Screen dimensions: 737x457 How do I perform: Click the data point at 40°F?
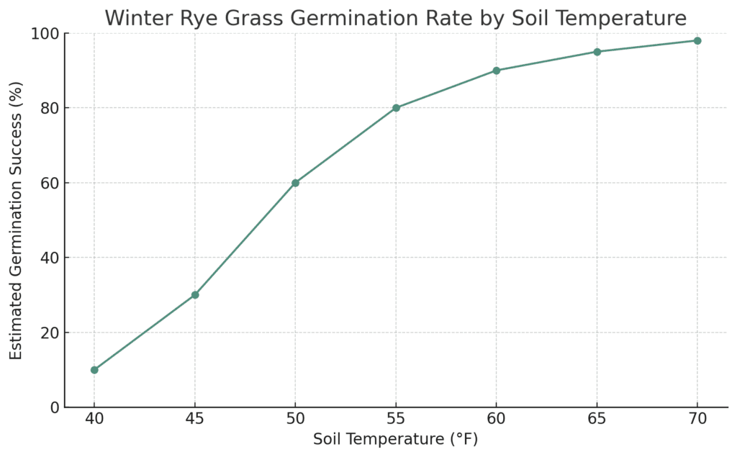(94, 370)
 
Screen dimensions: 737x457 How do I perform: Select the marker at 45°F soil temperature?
(195, 295)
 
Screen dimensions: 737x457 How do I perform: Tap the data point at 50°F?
(295, 183)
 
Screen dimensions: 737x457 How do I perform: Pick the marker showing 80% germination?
(397, 108)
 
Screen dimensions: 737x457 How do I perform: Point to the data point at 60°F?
(497, 71)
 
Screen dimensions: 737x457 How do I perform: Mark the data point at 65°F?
(597, 52)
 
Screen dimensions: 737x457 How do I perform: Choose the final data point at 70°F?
(697, 41)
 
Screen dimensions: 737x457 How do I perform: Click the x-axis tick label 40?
(94, 418)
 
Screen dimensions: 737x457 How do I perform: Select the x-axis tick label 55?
(397, 418)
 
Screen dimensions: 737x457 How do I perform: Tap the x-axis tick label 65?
(597, 418)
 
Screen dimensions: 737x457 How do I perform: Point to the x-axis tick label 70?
(697, 418)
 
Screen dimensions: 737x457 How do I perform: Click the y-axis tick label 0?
(55, 407)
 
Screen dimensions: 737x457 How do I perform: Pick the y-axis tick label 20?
(51, 333)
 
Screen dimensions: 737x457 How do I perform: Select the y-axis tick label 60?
(51, 183)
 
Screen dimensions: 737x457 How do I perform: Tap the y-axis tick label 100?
(46, 34)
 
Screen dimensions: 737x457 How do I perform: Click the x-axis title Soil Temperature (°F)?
(396, 439)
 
